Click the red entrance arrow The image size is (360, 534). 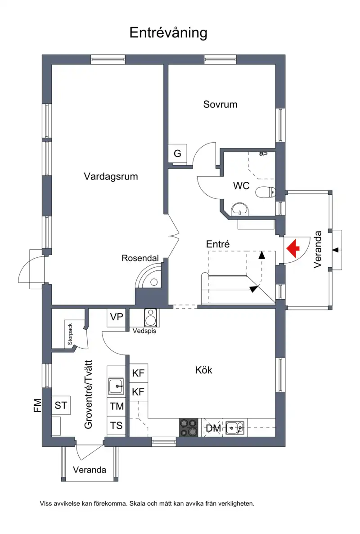tap(293, 248)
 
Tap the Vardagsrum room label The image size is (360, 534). tap(111, 176)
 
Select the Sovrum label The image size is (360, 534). tap(220, 104)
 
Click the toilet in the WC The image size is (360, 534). tap(265, 192)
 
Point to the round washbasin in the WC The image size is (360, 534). tap(240, 209)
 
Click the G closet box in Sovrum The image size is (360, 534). tap(177, 153)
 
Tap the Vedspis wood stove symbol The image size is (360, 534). tap(150, 318)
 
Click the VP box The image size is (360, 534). tap(117, 318)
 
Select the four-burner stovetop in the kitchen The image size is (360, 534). tap(189, 427)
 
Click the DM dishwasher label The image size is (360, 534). tap(214, 428)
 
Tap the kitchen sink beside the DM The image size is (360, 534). tap(235, 427)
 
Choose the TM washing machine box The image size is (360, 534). tap(117, 406)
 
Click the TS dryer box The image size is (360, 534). tap(117, 426)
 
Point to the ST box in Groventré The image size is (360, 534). tap(61, 405)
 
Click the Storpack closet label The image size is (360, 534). tap(70, 334)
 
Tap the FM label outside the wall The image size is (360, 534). tap(37, 405)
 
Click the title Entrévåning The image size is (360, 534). tap(168, 33)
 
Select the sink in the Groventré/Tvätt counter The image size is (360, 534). tap(117, 386)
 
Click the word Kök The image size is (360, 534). tap(204, 370)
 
